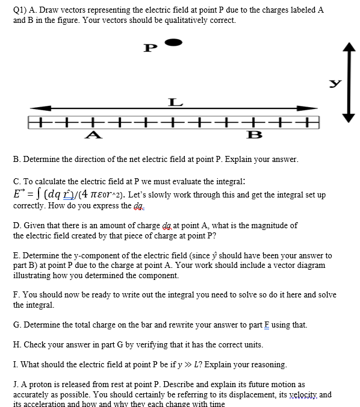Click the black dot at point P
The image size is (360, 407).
point(173,42)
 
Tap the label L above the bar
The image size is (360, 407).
point(175,104)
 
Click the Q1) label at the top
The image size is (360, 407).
point(22,10)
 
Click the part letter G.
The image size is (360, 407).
point(16,325)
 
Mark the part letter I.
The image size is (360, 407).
point(15,365)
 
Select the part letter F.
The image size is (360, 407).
point(16,295)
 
